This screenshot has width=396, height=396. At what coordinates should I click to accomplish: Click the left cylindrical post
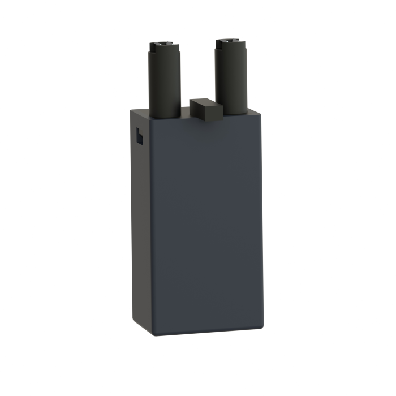click(x=164, y=82)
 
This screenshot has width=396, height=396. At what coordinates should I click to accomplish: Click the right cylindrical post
click(x=231, y=79)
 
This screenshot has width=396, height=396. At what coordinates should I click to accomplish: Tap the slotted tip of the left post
click(x=163, y=45)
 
